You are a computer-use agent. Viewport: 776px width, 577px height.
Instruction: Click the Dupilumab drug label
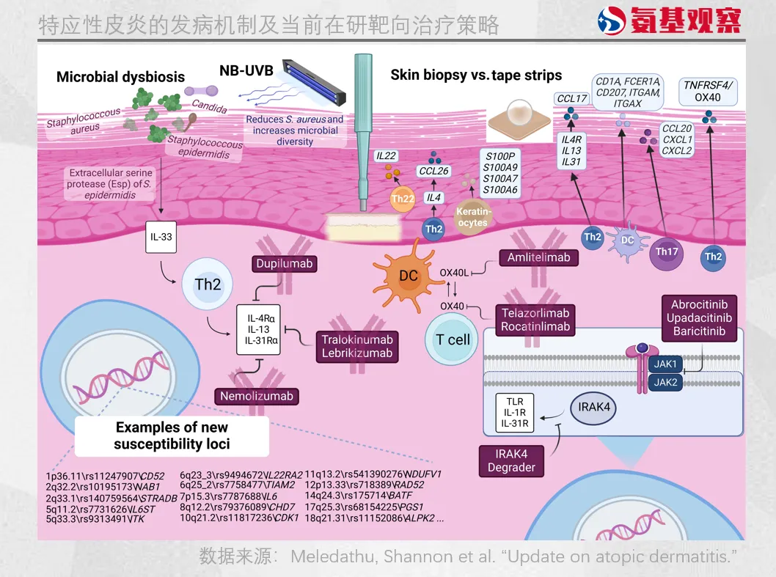285,264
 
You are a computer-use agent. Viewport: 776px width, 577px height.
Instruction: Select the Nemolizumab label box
257,396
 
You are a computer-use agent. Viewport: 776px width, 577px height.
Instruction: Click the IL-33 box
161,238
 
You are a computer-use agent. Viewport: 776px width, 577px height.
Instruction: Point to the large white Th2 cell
208,284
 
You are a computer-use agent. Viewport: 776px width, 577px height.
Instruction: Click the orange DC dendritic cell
408,276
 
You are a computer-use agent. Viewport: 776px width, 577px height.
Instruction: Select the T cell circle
453,339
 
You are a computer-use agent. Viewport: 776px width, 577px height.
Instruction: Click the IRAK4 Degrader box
511,460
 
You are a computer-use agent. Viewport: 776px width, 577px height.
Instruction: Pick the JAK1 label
665,364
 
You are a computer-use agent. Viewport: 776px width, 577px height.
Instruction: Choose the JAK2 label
665,382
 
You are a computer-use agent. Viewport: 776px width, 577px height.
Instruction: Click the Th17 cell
667,252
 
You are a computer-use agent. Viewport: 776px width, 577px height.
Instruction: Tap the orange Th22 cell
403,198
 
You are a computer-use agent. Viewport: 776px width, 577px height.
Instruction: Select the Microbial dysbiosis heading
120,77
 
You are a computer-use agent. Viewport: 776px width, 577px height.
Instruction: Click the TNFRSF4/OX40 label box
708,91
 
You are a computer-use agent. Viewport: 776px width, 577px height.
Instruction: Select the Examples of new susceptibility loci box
172,435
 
